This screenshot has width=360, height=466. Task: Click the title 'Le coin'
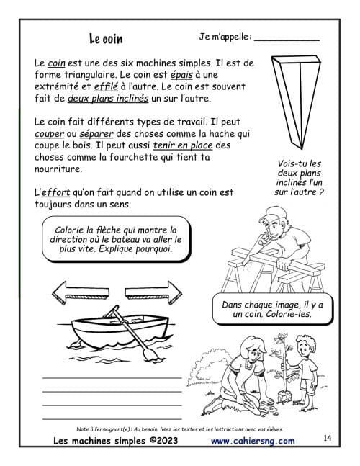(106, 39)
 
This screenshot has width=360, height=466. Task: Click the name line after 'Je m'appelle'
(287, 40)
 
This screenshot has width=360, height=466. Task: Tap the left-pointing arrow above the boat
(81, 292)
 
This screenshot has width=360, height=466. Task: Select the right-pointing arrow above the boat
(153, 292)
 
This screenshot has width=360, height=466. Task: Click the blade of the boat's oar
(149, 354)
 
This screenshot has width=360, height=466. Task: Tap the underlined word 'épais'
(181, 75)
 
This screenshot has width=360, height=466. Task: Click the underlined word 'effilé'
(106, 86)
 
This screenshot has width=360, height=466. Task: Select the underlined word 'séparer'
(96, 134)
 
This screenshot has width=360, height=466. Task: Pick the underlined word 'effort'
(55, 192)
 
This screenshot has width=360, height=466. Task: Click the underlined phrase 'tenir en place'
(183, 145)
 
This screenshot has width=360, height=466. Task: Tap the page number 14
(327, 438)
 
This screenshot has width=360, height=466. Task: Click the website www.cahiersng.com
(253, 441)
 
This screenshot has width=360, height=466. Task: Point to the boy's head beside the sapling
(306, 346)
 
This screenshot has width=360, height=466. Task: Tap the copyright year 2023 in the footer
(167, 441)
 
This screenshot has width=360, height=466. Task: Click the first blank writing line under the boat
(112, 378)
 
